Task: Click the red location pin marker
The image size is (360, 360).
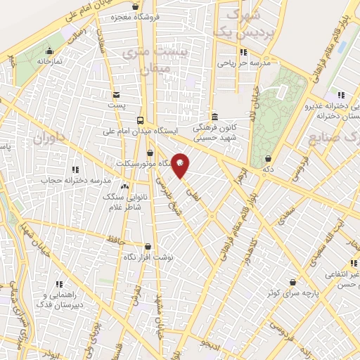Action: (x=181, y=165)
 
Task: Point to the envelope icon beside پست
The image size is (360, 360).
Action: (x=116, y=94)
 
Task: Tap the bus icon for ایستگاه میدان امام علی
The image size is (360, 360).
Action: (x=140, y=120)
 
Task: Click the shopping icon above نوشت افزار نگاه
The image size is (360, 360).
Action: (x=148, y=247)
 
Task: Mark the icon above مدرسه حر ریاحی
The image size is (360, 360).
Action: (x=242, y=52)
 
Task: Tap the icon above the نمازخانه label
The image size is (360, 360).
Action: (x=49, y=51)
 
